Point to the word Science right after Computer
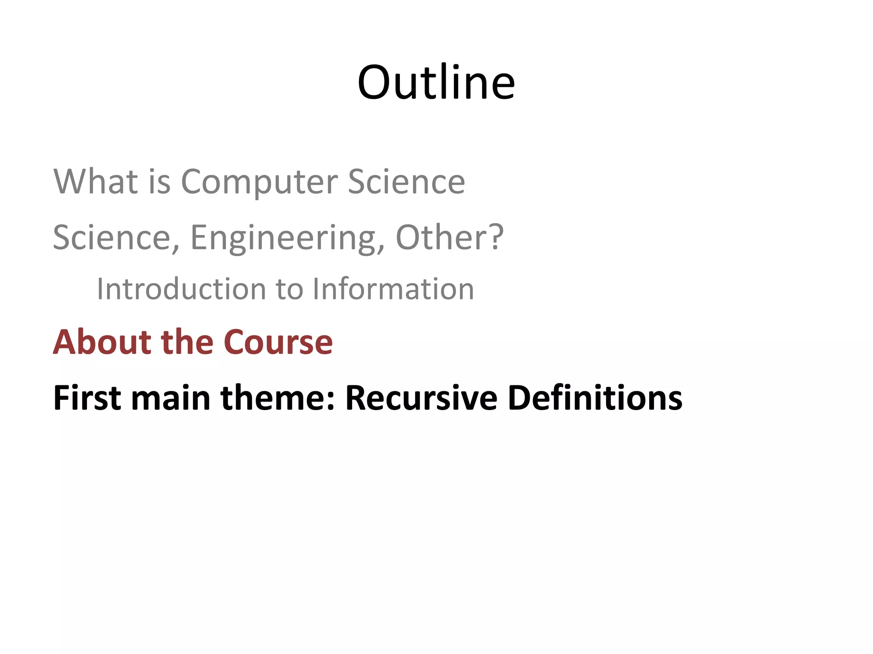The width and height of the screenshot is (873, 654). click(x=406, y=182)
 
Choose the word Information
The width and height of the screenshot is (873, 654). click(x=393, y=289)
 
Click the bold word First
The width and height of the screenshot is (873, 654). click(x=87, y=398)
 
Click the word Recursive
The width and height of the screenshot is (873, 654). click(x=421, y=398)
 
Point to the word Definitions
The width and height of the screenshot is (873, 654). click(x=595, y=398)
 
